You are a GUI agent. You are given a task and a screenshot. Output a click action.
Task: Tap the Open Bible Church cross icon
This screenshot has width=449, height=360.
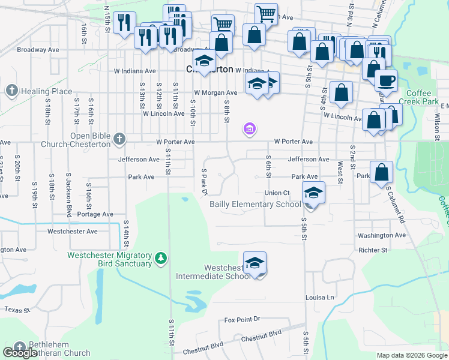click(x=119, y=139)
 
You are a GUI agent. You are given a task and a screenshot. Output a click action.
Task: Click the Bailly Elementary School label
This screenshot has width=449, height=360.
click(x=255, y=204)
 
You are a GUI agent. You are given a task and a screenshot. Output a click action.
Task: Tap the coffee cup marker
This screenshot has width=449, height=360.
click(x=386, y=80)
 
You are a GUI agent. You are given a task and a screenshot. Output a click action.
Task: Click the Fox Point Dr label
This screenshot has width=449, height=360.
click(x=243, y=320)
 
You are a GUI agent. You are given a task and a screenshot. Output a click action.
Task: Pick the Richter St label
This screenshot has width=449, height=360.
click(x=373, y=250)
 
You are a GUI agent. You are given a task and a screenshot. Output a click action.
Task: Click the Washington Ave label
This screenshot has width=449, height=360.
click(x=382, y=236)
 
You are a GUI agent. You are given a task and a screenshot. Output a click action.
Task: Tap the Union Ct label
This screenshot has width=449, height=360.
click(x=277, y=193)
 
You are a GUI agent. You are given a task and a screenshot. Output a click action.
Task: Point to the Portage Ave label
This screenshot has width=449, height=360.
click(x=95, y=214)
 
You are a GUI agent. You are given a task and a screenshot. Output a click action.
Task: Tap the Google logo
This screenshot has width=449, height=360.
click(x=20, y=353)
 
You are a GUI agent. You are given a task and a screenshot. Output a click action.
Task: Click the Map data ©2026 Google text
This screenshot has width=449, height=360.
click(x=411, y=355)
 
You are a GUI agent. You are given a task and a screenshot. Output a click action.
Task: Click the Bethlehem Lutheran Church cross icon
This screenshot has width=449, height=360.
click(x=20, y=346)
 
